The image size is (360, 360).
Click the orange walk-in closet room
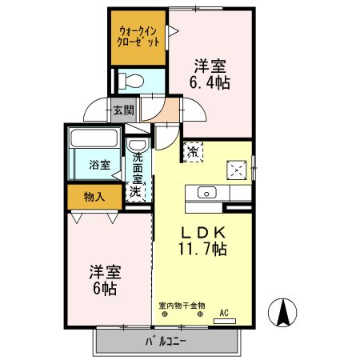click(138, 38)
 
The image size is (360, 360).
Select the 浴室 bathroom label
click(99, 166)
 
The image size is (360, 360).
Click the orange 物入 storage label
click(94, 196)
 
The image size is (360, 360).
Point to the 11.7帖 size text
click(202, 249)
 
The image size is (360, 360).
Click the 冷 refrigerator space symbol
click(194, 152)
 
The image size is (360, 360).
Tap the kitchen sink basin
click(206, 192)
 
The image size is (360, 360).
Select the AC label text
click(224, 313)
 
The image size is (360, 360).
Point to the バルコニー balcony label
click(166, 342)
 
